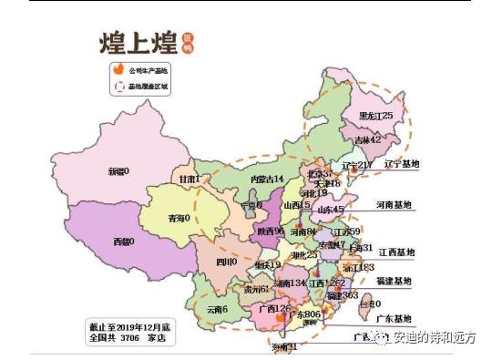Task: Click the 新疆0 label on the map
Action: pos(118,170)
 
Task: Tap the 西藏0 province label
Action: pos(122,242)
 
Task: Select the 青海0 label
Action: pos(181,218)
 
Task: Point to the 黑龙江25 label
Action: pos(375,116)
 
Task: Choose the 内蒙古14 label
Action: pos(268,180)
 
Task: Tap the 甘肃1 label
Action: pos(189,179)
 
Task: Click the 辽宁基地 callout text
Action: pos(400,164)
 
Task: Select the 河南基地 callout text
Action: pos(394,206)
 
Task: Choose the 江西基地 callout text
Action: pos(396,252)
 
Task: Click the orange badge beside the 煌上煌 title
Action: pos(187,42)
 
